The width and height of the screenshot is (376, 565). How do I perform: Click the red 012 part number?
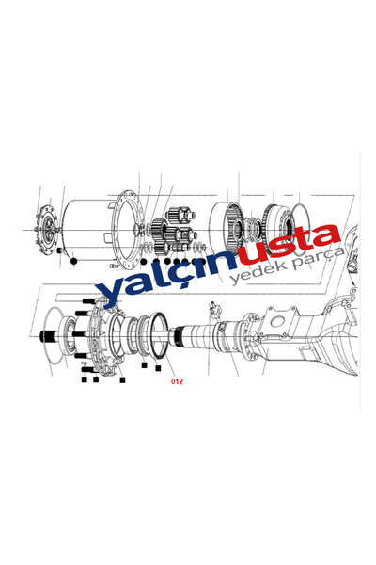[177, 382]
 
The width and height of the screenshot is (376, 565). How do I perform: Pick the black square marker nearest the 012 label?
[158, 368]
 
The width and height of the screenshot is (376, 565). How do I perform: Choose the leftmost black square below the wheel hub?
[85, 379]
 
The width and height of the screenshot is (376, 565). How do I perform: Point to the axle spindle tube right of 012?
[202, 339]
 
